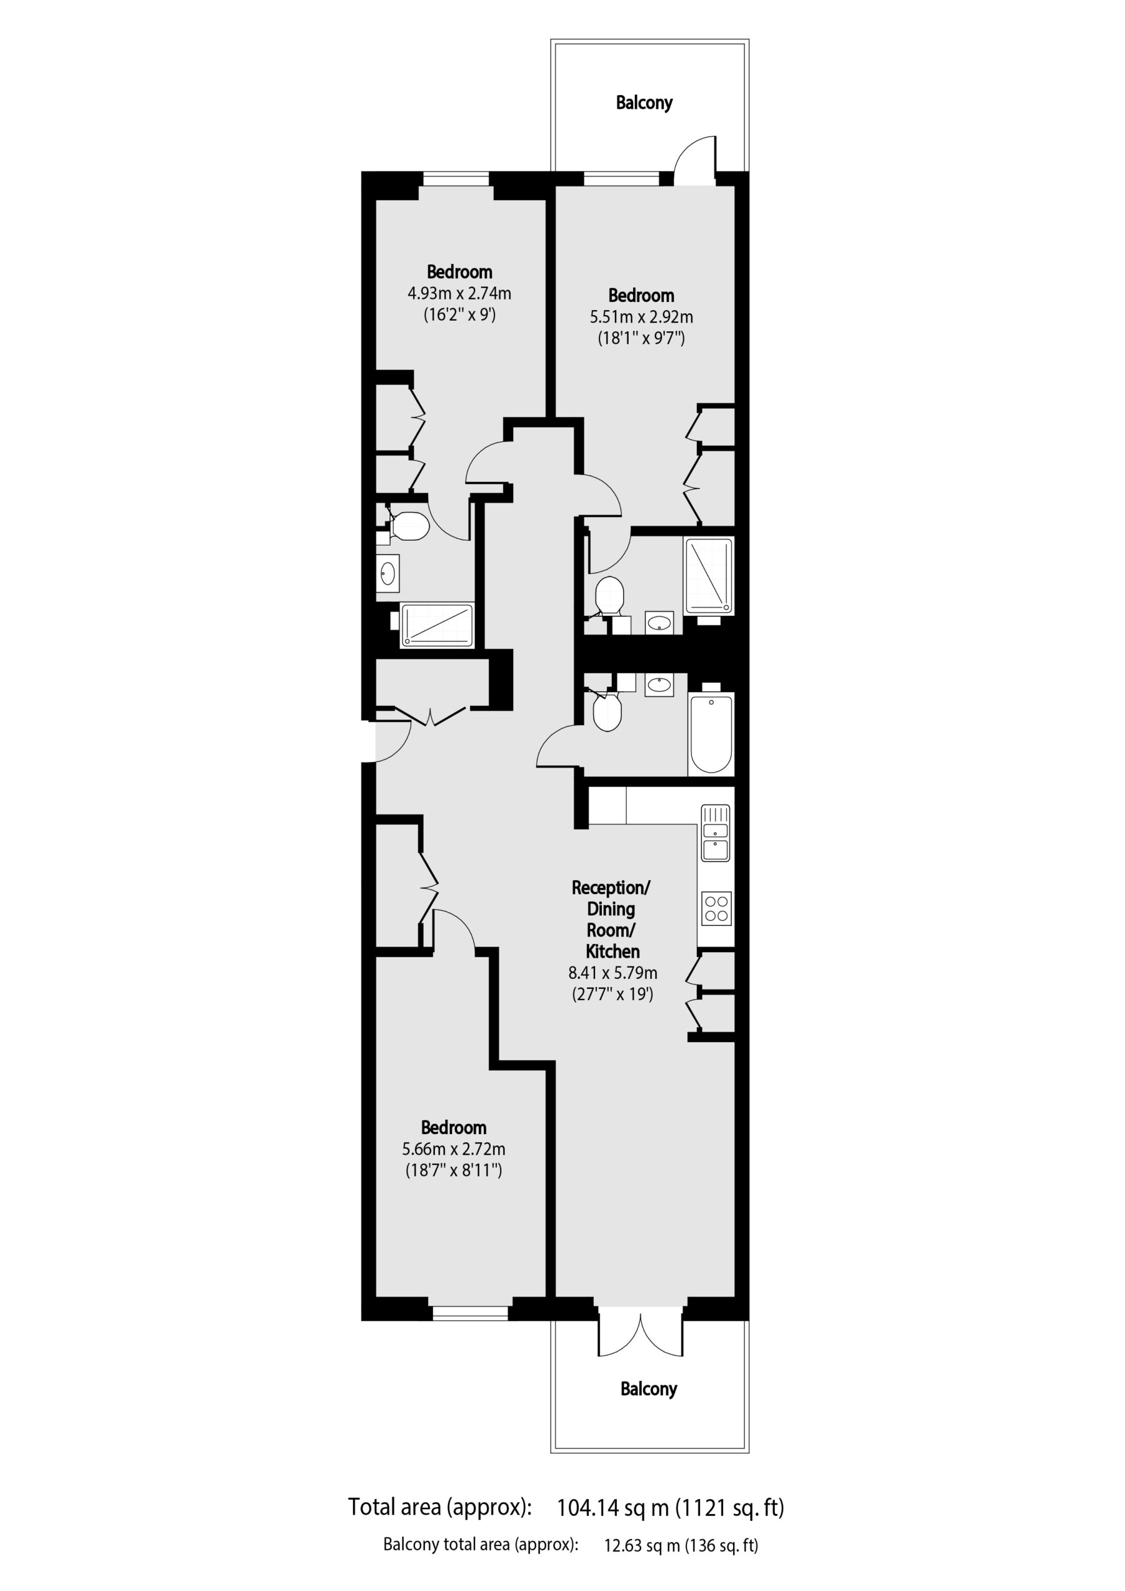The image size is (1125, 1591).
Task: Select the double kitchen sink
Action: tap(716, 833)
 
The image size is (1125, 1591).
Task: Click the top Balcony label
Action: tap(644, 103)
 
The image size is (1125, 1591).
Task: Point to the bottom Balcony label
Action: tap(649, 1388)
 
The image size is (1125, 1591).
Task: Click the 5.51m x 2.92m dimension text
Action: tap(642, 317)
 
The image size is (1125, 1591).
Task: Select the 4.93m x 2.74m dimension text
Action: tap(459, 293)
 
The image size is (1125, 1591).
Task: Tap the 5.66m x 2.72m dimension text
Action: tap(453, 1149)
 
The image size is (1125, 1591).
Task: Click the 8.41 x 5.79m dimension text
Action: tap(613, 973)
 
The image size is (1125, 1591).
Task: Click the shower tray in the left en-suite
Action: tap(437, 625)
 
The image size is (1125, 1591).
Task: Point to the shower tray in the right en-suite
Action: tap(709, 576)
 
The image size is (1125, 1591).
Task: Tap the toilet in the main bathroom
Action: tap(607, 711)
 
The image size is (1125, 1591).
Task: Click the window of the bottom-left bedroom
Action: tap(470, 1313)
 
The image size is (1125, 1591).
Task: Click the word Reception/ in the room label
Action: tap(611, 887)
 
